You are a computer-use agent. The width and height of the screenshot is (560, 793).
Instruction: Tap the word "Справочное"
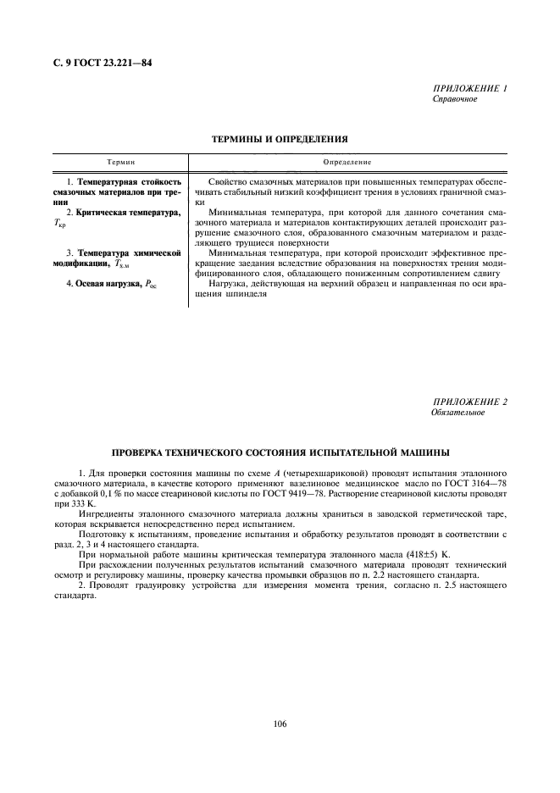(x=455, y=99)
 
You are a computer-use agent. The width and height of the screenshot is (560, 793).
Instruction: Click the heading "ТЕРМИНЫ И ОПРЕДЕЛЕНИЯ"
(x=280, y=137)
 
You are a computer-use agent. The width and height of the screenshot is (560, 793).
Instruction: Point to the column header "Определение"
(x=347, y=161)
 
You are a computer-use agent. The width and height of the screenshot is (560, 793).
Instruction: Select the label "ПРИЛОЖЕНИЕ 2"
(x=470, y=402)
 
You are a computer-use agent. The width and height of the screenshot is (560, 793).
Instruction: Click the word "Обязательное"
(x=458, y=413)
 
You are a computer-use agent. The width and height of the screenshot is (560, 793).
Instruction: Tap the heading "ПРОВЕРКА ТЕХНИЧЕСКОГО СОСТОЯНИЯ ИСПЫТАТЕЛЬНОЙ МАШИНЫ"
(x=280, y=452)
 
